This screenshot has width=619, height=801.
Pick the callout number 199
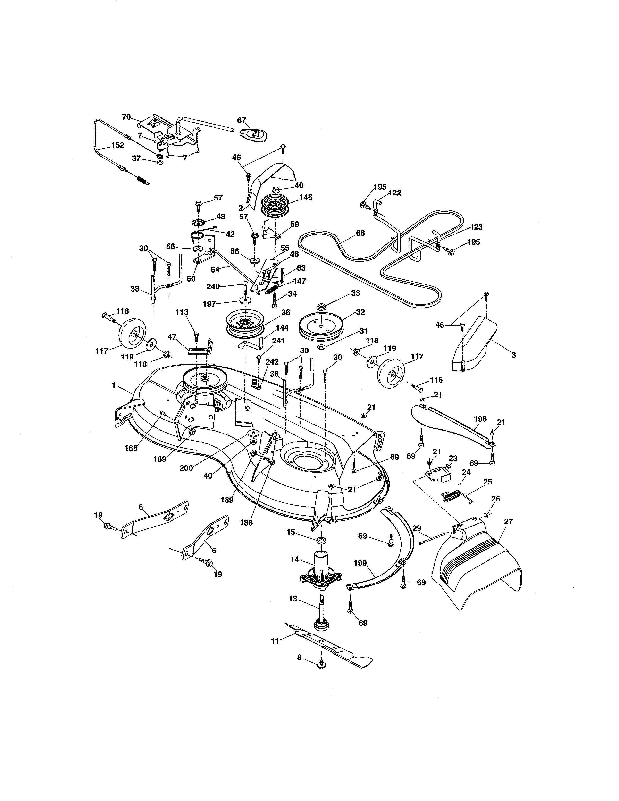(x=360, y=563)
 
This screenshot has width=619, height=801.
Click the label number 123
(x=476, y=227)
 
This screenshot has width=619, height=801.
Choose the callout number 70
(x=126, y=117)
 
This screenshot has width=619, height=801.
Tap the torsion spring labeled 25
(x=455, y=497)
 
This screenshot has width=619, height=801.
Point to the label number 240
(x=213, y=286)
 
